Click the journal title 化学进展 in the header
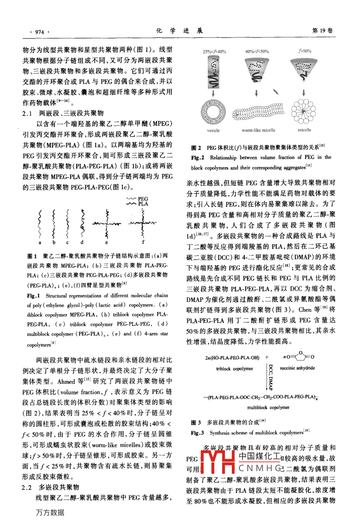coord(179,31)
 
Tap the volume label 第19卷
coord(323,31)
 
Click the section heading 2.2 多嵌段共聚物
coord(51,487)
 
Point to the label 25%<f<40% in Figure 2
coord(214,51)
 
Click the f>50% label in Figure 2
coord(305,51)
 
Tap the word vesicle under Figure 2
coord(213,130)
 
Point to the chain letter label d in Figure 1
coord(82,242)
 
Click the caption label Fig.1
coord(34,296)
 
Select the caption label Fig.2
coord(198,157)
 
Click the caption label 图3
coord(196,422)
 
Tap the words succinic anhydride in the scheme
coord(297,368)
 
